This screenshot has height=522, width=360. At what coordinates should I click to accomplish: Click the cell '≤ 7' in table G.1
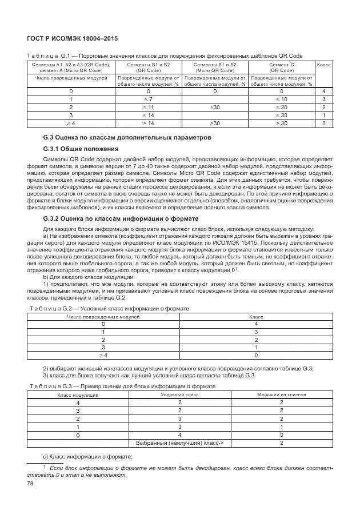148,99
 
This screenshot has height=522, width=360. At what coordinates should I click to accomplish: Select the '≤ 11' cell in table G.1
148,107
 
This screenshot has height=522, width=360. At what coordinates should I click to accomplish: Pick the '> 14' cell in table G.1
148,123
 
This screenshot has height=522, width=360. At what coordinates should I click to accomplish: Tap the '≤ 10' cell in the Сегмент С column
282,99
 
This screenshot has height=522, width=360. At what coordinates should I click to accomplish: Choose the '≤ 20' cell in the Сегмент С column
282,107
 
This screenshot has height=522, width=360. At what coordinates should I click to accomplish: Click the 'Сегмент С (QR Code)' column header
282,67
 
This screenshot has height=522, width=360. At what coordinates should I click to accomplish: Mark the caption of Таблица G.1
165,55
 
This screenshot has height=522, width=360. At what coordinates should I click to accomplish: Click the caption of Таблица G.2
109,308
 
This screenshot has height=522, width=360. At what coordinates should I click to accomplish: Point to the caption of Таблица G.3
122,386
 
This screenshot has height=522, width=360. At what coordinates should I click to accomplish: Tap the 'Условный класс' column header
179,395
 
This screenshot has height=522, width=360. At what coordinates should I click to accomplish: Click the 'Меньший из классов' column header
281,395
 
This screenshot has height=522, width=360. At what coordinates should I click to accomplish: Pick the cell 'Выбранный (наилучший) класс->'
179,443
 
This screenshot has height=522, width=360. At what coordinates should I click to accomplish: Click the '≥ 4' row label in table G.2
103,355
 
